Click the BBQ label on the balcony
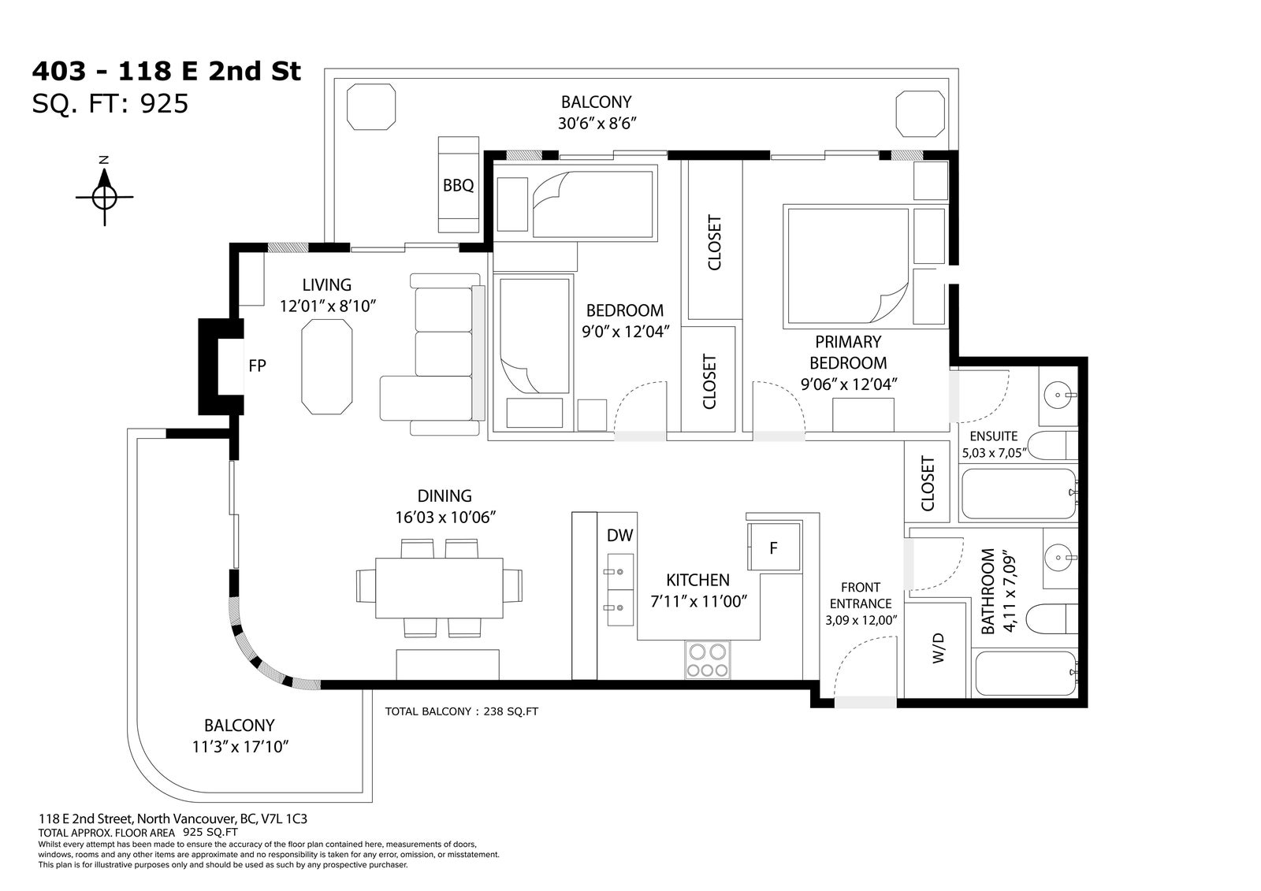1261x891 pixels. point(458,185)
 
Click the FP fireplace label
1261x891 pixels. point(257,366)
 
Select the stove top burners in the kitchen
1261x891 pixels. point(708,659)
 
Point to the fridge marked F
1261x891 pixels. point(773,547)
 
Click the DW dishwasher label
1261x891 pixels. point(619,535)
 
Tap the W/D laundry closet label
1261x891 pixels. point(938,648)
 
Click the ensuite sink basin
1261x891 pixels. point(1058,395)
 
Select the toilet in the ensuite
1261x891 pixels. point(1051,447)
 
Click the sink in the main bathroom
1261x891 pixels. point(1058,558)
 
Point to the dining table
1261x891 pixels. point(439,588)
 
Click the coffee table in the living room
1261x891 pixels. point(327,367)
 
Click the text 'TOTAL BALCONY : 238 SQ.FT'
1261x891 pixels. point(462,711)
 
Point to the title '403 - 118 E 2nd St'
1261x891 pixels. point(166,72)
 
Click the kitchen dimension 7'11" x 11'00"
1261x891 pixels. point(698,602)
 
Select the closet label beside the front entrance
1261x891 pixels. point(927,484)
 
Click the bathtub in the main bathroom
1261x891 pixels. point(1025,674)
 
